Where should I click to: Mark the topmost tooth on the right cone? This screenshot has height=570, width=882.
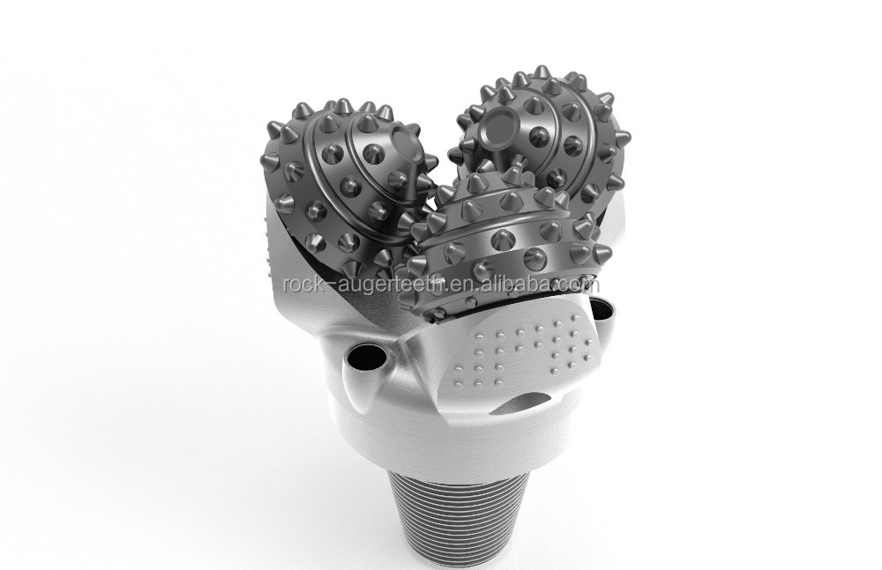[x=536, y=71]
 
